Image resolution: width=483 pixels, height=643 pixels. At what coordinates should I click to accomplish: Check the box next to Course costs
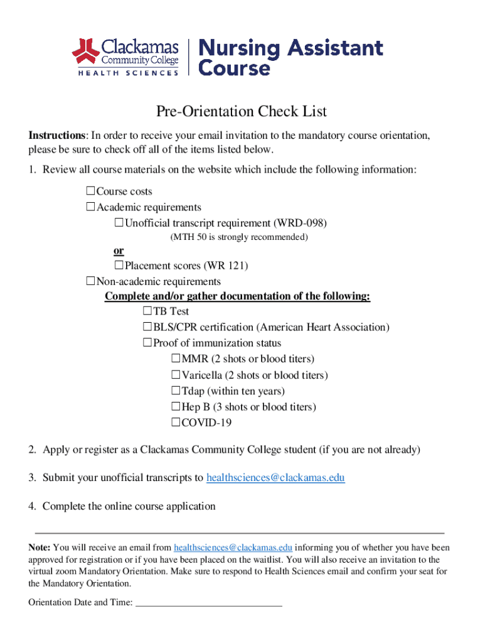click(x=90, y=191)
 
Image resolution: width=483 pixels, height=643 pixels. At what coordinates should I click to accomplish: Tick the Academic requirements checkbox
click(x=90, y=207)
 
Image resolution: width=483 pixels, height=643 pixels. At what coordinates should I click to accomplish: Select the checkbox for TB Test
click(x=147, y=311)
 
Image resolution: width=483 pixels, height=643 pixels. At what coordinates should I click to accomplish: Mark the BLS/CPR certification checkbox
click(x=147, y=327)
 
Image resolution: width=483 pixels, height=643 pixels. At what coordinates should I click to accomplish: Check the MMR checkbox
click(x=176, y=359)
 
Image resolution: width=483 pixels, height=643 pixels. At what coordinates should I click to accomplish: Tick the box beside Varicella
click(x=176, y=375)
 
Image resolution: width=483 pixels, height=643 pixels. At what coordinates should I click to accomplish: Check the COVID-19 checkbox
click(x=176, y=423)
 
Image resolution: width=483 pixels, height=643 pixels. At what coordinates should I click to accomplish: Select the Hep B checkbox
click(x=176, y=407)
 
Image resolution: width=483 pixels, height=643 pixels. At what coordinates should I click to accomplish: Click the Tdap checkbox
click(x=176, y=391)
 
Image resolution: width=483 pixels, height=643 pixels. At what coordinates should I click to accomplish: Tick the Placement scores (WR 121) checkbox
click(x=119, y=266)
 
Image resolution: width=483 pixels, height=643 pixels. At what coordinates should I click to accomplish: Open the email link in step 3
click(x=275, y=478)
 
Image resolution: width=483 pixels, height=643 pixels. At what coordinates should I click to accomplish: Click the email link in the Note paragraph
click(x=233, y=548)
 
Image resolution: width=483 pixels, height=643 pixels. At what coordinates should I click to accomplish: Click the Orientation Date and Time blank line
click(x=209, y=603)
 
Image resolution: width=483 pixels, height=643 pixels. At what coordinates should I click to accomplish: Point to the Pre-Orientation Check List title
click(x=242, y=112)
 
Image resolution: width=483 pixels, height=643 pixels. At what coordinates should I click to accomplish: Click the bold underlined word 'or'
click(x=119, y=251)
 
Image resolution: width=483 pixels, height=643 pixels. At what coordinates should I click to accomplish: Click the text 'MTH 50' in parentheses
click(x=188, y=237)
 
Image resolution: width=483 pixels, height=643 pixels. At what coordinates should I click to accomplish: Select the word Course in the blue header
click(x=235, y=67)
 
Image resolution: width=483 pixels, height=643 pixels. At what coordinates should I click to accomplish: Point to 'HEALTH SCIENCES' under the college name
click(x=128, y=73)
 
